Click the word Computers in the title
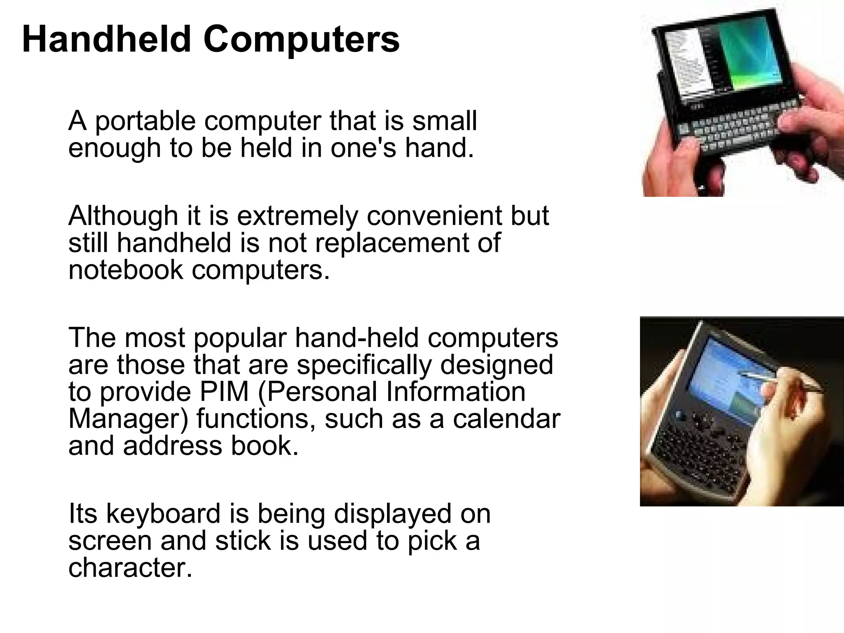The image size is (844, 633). (301, 40)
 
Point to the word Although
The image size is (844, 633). (123, 216)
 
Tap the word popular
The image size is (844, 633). (239, 339)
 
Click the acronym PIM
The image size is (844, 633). (224, 392)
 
